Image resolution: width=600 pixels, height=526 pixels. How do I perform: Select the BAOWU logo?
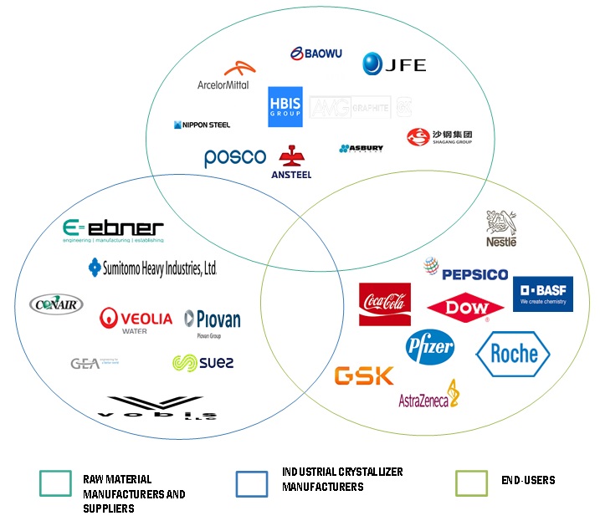[316, 54]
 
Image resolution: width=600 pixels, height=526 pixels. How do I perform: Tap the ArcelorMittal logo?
[223, 76]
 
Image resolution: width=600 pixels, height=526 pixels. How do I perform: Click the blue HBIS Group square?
[285, 107]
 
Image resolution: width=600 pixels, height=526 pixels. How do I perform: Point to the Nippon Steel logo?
[202, 125]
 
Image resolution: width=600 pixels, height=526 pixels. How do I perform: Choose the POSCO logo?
[234, 157]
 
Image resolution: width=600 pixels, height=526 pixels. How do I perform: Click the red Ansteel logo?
[291, 162]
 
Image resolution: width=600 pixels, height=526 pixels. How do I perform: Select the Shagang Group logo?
[439, 136]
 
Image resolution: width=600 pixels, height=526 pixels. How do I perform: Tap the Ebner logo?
[113, 230]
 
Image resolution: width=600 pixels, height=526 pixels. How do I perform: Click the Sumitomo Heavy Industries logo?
[152, 268]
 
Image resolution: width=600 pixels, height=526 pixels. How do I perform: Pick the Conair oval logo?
[56, 304]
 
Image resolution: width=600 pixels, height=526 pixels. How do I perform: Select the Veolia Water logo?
[136, 319]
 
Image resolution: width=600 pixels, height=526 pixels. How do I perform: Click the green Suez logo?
[203, 362]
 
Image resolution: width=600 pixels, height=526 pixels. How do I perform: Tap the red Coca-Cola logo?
[384, 304]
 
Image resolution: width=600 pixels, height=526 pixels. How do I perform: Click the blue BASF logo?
[542, 294]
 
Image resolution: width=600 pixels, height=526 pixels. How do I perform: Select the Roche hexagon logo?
[512, 354]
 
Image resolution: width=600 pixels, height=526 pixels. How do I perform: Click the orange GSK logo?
[364, 375]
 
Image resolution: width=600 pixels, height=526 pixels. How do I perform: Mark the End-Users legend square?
[471, 483]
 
